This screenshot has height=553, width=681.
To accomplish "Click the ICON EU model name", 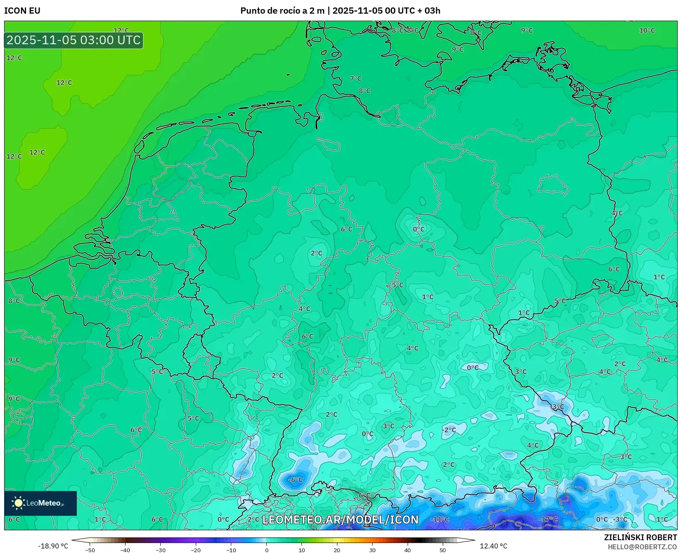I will (x=22, y=11).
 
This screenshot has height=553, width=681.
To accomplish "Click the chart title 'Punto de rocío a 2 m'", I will (x=282, y=11).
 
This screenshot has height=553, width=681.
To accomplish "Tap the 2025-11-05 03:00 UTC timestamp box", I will (x=74, y=40).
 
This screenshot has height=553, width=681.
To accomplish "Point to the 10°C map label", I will (x=647, y=30).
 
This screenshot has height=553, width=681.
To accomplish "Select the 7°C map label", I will (x=355, y=78).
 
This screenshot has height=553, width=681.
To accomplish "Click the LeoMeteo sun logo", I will (x=18, y=503).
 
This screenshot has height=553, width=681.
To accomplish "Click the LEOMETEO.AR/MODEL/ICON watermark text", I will (x=340, y=520).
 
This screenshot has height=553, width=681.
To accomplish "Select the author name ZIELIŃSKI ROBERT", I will (x=640, y=538).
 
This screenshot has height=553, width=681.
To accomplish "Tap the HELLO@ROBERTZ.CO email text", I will (x=642, y=547).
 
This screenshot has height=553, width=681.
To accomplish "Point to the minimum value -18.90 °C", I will (x=53, y=546).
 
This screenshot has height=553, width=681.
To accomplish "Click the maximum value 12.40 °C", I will (x=493, y=546).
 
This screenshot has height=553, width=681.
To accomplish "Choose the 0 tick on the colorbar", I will (x=267, y=550).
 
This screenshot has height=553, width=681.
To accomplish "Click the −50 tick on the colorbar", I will (x=90, y=550).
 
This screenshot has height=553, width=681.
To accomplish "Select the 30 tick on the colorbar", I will (x=373, y=550).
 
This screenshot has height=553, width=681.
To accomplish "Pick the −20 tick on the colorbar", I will (x=196, y=550).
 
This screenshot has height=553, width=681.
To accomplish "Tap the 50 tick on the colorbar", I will (x=443, y=550).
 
